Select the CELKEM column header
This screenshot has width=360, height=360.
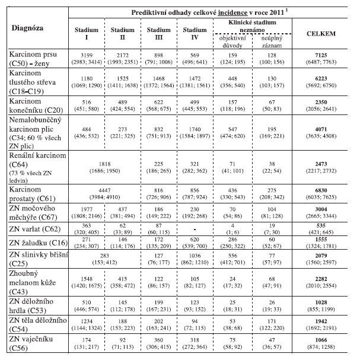coord(321,35)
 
